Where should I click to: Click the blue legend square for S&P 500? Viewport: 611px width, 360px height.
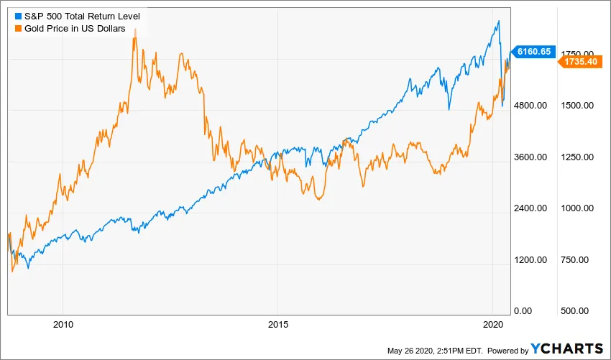click(18, 16)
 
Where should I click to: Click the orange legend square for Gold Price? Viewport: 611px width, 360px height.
click(18, 28)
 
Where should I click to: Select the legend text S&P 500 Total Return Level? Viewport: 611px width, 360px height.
click(82, 16)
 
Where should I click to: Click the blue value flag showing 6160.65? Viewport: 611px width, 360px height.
click(533, 51)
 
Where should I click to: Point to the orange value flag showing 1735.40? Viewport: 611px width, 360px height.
click(579, 63)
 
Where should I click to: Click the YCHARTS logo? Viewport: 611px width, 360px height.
click(567, 349)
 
